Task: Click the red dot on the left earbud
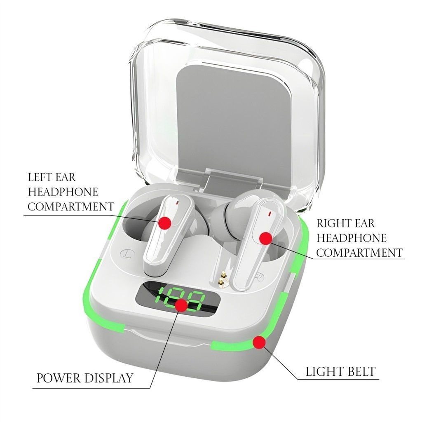click(165, 223)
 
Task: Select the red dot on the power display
click(181, 305)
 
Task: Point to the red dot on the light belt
click(259, 342)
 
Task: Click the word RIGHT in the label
click(331, 224)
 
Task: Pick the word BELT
click(361, 372)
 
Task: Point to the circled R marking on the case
click(258, 275)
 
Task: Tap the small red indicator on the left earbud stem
click(177, 203)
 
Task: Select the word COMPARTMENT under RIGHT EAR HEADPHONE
click(359, 252)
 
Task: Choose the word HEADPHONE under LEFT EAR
click(63, 192)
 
